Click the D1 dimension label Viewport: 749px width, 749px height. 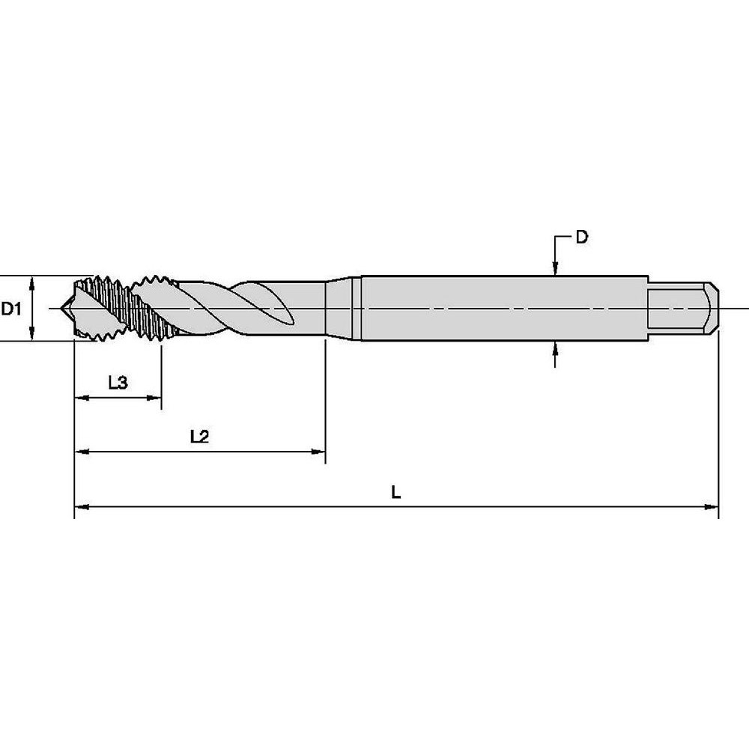(10, 308)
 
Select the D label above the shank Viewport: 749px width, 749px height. (581, 238)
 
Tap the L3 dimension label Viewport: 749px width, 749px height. (118, 383)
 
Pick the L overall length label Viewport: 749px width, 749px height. (397, 492)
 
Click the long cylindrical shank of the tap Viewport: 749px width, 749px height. (502, 308)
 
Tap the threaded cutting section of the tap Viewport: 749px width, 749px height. (124, 308)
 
